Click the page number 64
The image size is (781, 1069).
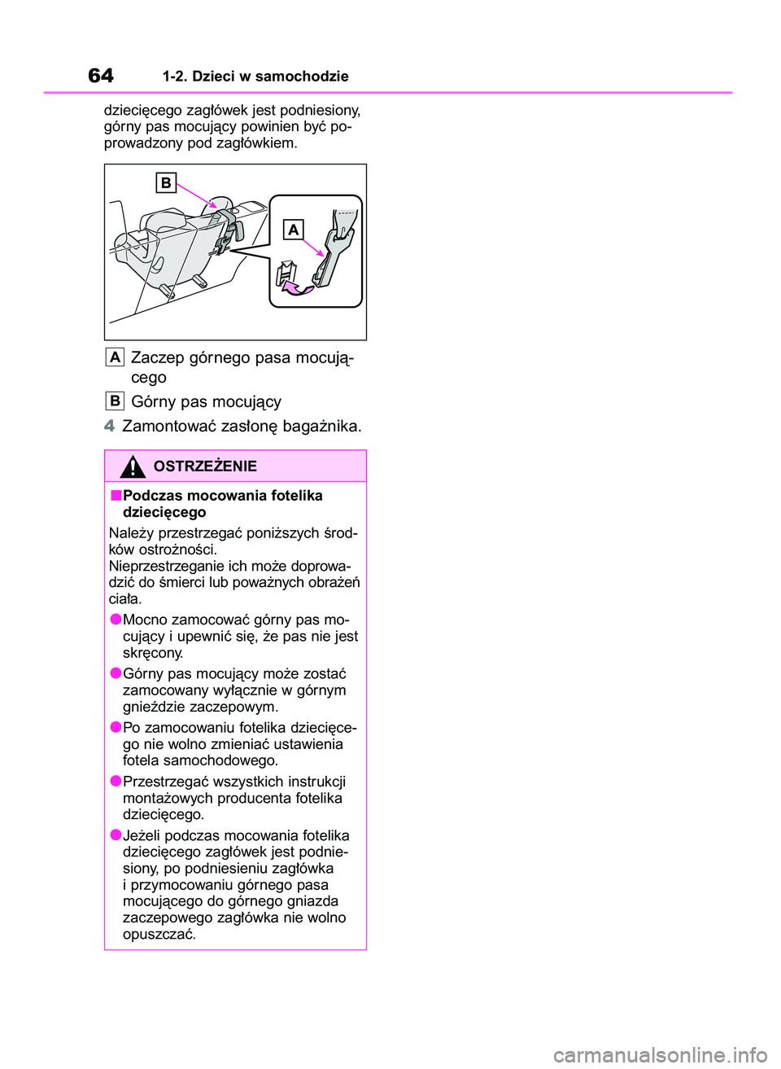point(101,76)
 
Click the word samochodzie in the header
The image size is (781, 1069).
point(302,77)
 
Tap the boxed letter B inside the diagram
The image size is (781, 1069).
point(166,182)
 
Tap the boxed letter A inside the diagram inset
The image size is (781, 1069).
point(293,230)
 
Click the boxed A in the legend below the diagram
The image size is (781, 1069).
point(115,357)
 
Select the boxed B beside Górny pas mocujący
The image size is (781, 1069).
point(115,401)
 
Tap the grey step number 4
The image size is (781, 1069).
point(110,426)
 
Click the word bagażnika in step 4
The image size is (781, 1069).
point(322,426)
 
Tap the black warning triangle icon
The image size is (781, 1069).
point(132,467)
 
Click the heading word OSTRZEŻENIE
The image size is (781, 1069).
point(205,467)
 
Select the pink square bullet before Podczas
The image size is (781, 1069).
point(116,495)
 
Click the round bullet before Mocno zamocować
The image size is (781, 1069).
point(116,620)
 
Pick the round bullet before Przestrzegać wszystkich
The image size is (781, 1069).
point(116,781)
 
